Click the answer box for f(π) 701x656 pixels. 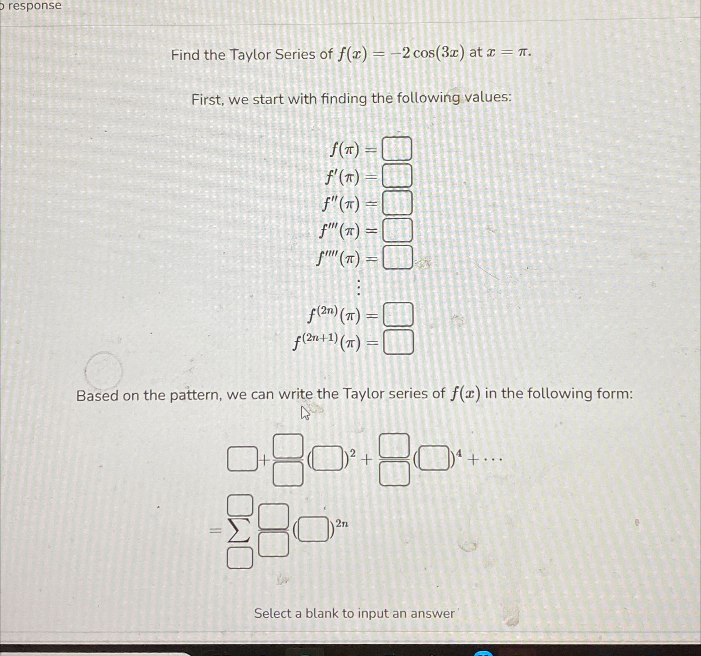[x=397, y=149]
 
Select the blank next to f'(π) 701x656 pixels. [x=397, y=176]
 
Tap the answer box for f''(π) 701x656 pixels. [x=397, y=203]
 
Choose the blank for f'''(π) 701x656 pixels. [x=398, y=230]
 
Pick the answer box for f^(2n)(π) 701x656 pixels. [x=398, y=314]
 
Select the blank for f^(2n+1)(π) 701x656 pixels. [x=398, y=342]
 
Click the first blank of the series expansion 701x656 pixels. [x=242, y=458]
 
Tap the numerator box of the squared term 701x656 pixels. [x=288, y=446]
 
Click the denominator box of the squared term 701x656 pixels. [x=288, y=474]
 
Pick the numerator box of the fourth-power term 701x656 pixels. [x=394, y=445]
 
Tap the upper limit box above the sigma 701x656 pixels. [x=240, y=505]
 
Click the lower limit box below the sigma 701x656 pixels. [x=240, y=558]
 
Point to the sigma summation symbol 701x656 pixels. [x=239, y=531]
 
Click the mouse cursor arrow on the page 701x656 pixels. [x=305, y=413]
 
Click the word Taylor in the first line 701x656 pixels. [x=250, y=55]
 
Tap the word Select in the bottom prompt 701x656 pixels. [x=273, y=613]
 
